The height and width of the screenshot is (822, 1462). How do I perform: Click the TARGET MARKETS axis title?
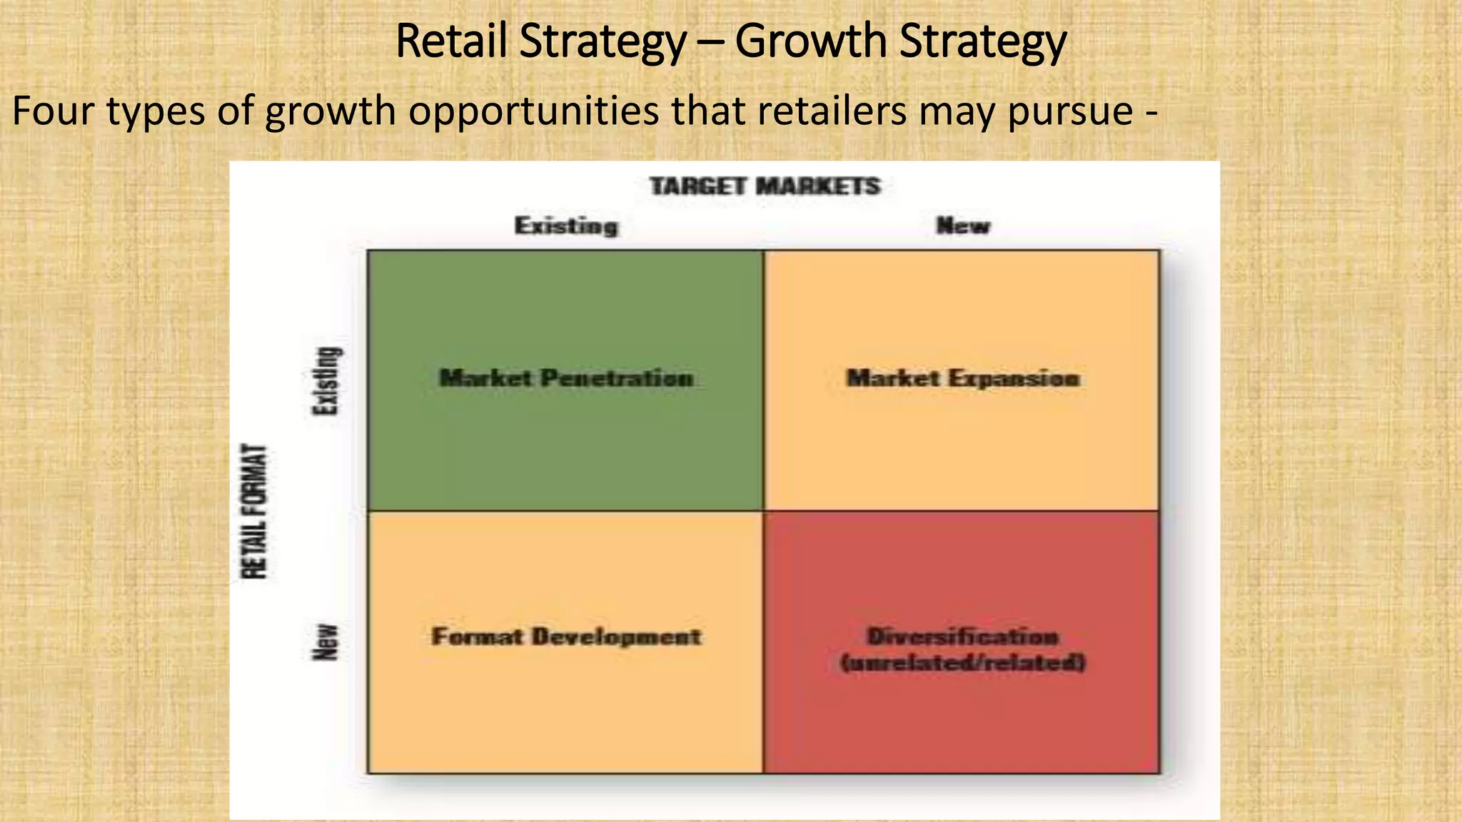point(765,187)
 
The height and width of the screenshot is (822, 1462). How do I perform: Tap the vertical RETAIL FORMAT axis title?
point(255,511)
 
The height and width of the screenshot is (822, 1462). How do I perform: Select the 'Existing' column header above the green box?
point(566,226)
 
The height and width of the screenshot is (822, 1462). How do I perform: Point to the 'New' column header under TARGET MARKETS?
point(963,226)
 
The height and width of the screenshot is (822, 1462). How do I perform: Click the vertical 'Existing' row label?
point(327,380)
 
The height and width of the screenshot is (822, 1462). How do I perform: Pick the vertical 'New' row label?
point(326,641)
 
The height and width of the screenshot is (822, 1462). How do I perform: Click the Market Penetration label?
point(566,377)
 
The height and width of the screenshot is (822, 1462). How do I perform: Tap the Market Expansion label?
point(963,377)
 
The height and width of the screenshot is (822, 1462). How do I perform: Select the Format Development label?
point(566,636)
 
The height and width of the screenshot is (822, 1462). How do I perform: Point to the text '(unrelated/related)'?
point(963,663)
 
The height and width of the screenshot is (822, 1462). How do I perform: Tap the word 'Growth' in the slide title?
point(810,41)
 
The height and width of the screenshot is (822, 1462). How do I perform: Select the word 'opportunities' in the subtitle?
point(533,111)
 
